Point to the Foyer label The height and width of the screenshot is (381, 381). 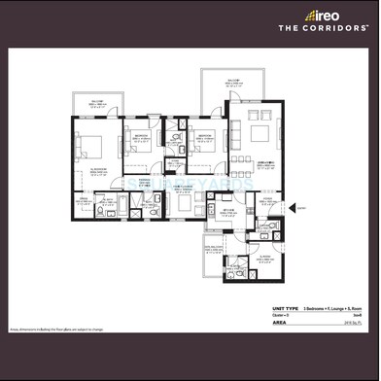coord(266,200)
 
